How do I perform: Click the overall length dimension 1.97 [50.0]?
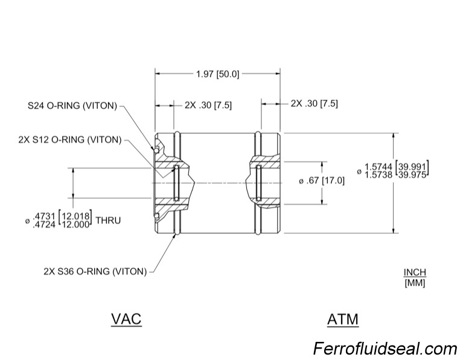[217, 74]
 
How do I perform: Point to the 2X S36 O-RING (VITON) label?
[95, 271]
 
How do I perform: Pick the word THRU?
[109, 220]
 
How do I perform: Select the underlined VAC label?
[126, 318]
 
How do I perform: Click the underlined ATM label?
[342, 318]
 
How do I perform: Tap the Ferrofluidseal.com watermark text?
[385, 349]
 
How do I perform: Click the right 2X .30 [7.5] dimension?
[314, 103]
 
